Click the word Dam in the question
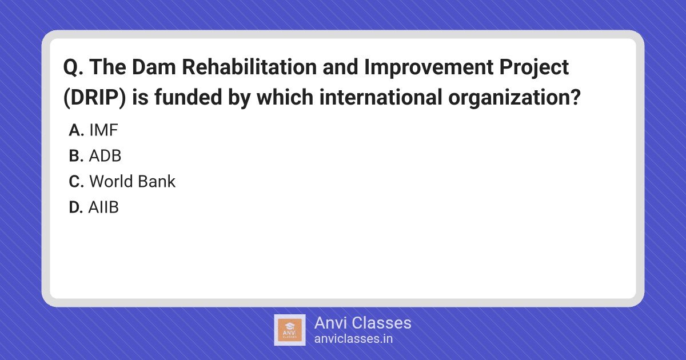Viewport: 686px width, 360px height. coord(154,67)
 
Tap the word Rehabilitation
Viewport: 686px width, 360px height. coord(249,67)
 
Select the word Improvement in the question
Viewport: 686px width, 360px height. coord(429,67)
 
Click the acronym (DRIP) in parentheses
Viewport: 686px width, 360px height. coord(94,97)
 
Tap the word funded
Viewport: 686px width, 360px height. coord(188,97)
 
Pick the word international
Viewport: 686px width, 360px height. coord(381,97)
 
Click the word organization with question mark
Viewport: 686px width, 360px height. coord(514,98)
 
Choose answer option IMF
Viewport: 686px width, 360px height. coord(103,130)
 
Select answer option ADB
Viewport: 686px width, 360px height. coord(105,156)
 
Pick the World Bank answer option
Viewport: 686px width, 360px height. coord(132,181)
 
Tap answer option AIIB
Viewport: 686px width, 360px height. coord(103,207)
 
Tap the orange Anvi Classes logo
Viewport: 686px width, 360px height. coord(290,330)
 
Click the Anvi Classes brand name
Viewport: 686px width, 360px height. coord(362,323)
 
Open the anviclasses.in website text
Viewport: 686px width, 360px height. coord(353,339)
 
